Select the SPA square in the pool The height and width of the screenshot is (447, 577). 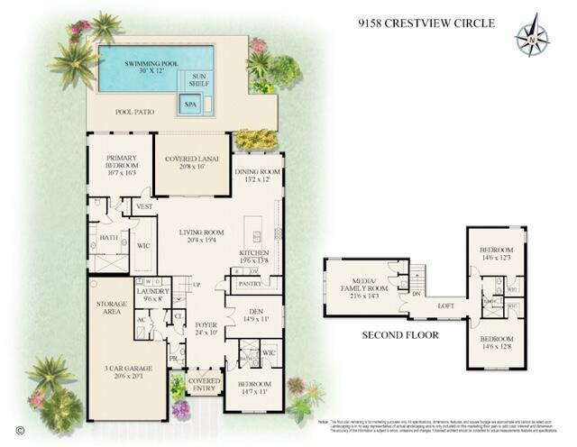point(190,105)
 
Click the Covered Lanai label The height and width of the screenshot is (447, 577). point(192,163)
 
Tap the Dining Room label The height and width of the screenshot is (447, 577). point(258,176)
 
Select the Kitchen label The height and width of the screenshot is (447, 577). point(253,257)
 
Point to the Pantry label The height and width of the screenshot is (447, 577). point(250,284)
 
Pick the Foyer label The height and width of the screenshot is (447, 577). point(206,328)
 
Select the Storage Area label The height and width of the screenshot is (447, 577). point(112,310)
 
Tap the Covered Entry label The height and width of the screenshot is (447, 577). point(204,385)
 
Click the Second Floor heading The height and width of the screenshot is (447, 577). point(400,335)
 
